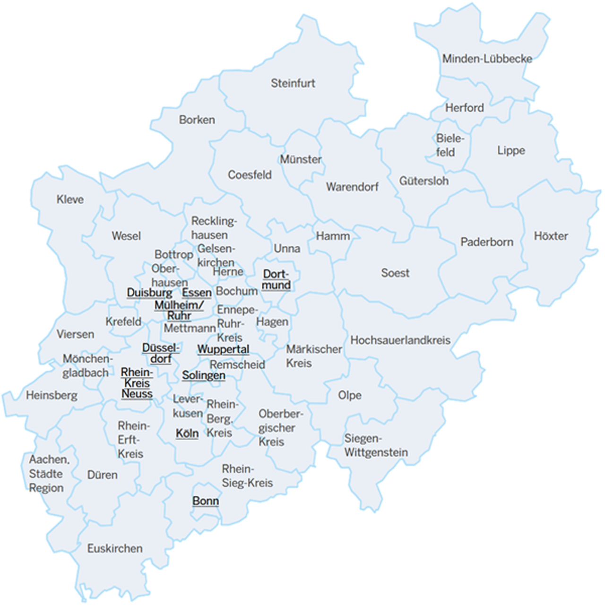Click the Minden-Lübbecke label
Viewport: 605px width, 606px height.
487,59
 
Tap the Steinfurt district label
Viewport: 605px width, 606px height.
293,83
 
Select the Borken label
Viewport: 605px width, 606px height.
197,120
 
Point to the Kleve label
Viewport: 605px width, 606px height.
70,199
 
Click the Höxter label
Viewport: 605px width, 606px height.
551,236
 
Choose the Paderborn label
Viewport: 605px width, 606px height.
486,242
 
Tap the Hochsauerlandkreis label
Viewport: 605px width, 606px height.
400,340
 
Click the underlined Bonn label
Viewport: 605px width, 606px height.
206,501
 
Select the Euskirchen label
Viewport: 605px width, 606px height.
115,548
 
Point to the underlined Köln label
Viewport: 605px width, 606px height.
187,433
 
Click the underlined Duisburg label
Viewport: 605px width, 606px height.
149,293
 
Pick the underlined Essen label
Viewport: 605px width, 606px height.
197,293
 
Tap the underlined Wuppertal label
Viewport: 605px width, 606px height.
223,349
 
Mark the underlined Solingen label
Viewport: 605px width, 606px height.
204,375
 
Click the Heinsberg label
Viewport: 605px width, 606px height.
52,395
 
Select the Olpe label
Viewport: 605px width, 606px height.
349,395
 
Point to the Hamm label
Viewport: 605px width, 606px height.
333,236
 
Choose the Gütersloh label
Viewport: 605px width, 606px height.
423,181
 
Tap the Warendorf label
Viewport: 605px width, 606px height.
352,187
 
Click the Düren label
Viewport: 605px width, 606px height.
102,475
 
